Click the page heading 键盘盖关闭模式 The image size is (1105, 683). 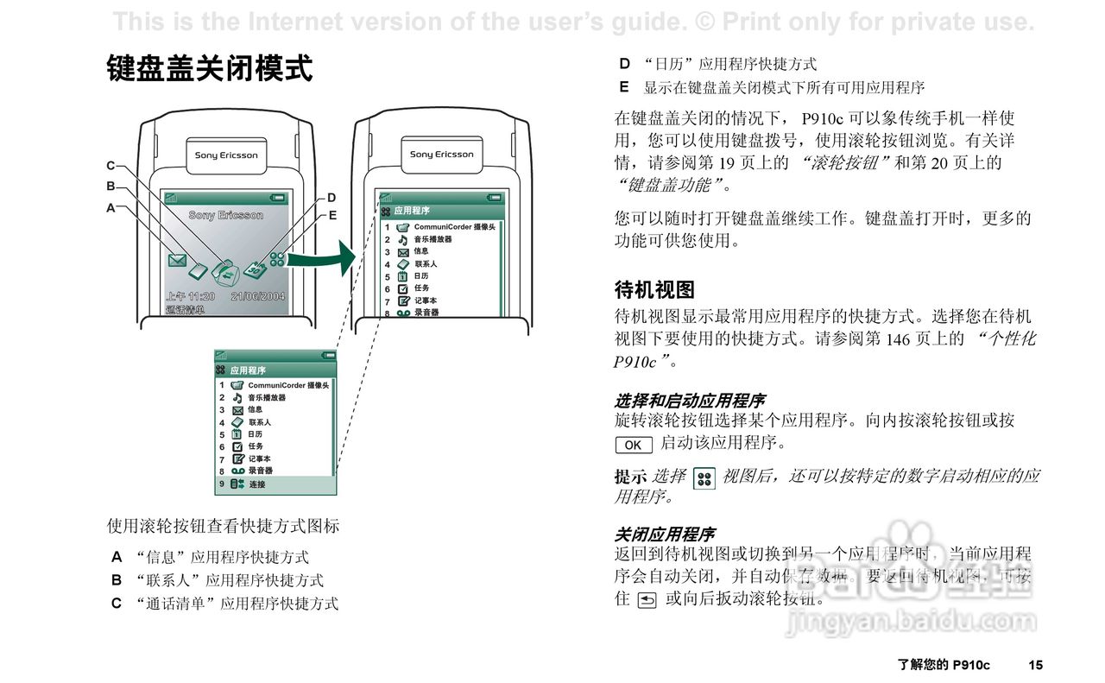point(210,68)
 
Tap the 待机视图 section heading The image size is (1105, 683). point(654,289)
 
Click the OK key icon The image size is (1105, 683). point(633,445)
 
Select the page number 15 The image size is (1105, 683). point(1035,665)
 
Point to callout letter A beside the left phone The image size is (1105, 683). point(110,207)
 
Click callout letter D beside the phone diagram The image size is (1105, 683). point(331,198)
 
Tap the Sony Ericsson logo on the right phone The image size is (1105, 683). point(442,155)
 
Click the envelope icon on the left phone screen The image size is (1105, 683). point(177,259)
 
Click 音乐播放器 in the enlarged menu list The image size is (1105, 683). point(267,397)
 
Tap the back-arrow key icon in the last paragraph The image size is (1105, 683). point(646,598)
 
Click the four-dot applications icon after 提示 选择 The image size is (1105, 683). point(704,478)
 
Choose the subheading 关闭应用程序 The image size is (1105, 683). point(664,534)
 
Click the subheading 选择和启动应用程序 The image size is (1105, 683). point(689,401)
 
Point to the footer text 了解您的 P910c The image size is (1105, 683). point(944,665)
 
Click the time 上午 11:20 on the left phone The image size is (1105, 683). point(190,296)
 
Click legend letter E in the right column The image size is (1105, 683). point(624,87)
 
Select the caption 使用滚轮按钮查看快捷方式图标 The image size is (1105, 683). point(223,525)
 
